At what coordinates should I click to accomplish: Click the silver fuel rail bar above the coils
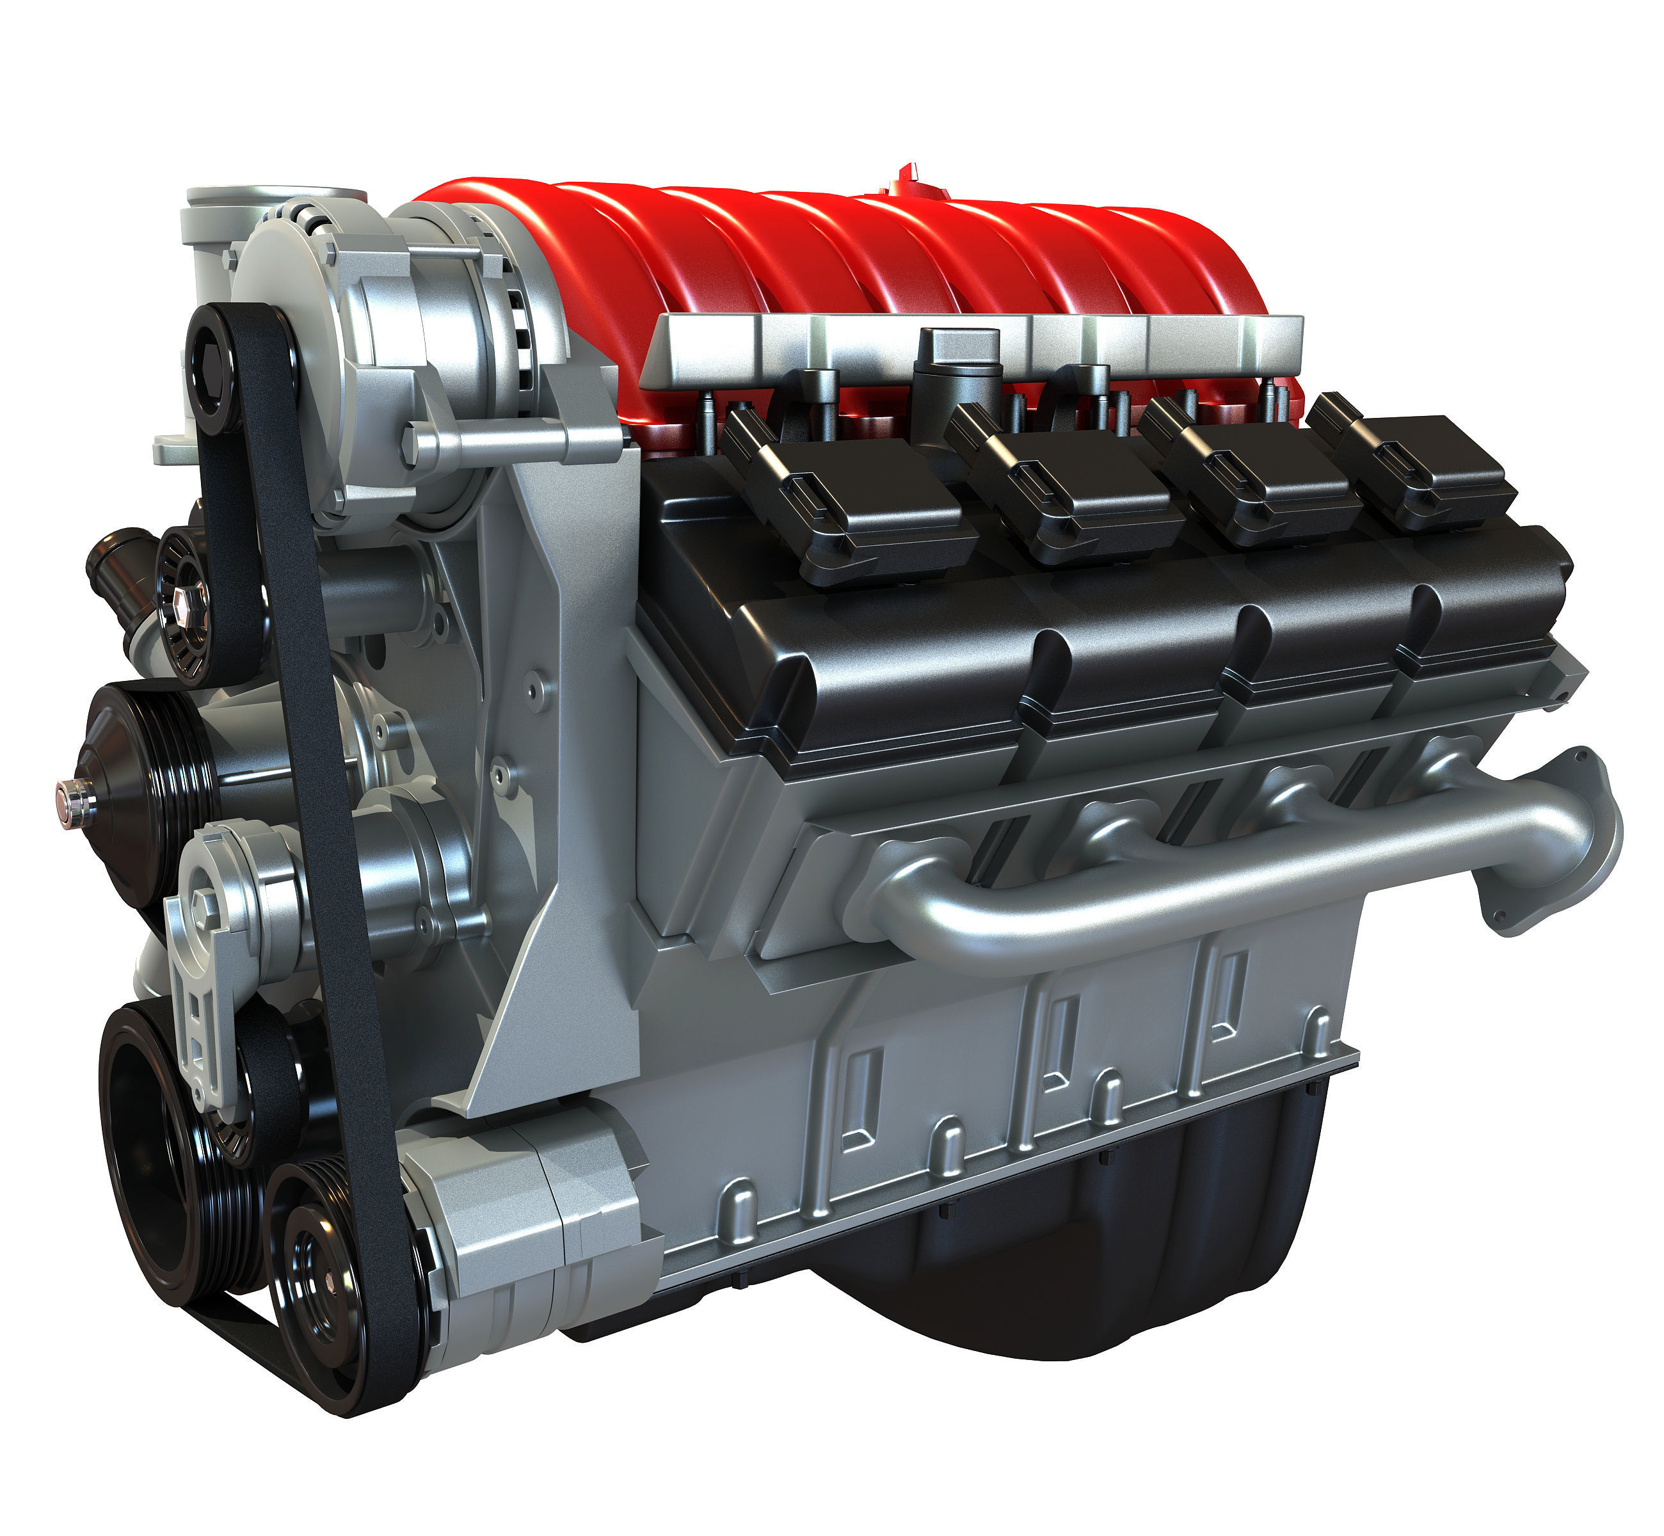(972, 349)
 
